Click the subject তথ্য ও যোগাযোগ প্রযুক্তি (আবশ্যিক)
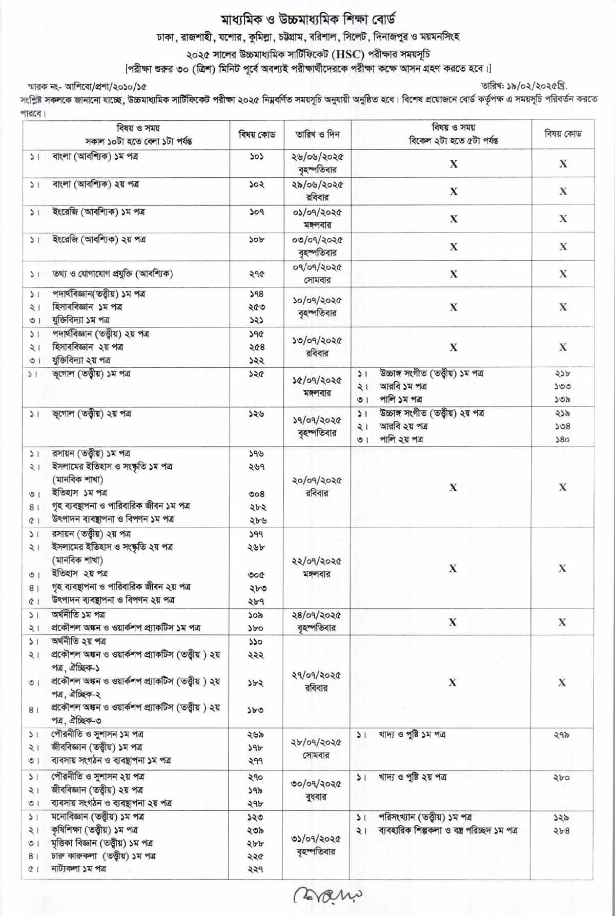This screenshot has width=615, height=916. [x=112, y=274]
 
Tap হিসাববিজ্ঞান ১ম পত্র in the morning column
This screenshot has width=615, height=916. [x=87, y=307]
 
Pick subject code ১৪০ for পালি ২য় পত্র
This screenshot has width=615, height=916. [x=562, y=439]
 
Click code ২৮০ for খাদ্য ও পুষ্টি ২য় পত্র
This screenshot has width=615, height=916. [x=562, y=777]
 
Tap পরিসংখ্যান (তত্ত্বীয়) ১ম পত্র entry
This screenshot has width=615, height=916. [x=425, y=817]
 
